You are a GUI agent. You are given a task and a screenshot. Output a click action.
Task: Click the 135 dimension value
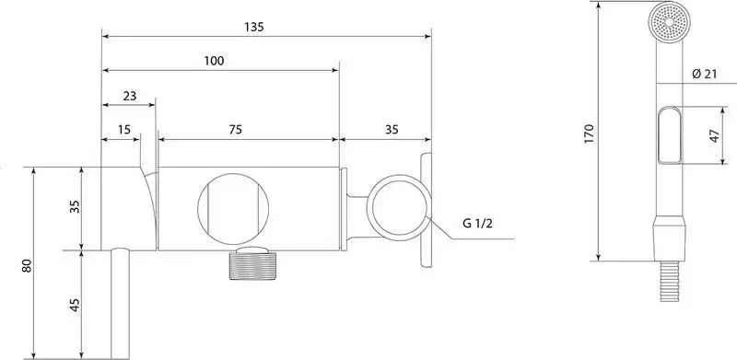[x=254, y=27]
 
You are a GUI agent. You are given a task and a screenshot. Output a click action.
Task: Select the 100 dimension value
[x=214, y=61]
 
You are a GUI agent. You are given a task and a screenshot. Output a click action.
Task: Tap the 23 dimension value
[x=130, y=96]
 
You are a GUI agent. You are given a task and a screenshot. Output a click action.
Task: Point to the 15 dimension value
[x=124, y=130]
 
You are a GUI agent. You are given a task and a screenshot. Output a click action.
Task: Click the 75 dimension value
[x=236, y=130]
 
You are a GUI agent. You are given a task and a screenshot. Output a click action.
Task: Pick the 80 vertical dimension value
[x=27, y=266]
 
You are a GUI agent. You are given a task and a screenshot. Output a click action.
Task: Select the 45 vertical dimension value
[x=75, y=305]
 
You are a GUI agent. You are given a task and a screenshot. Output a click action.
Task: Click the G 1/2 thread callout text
[x=477, y=224]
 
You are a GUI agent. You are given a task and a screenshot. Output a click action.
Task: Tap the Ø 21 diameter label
[x=705, y=74]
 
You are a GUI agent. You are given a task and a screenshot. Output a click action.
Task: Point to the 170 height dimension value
[x=590, y=134]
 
